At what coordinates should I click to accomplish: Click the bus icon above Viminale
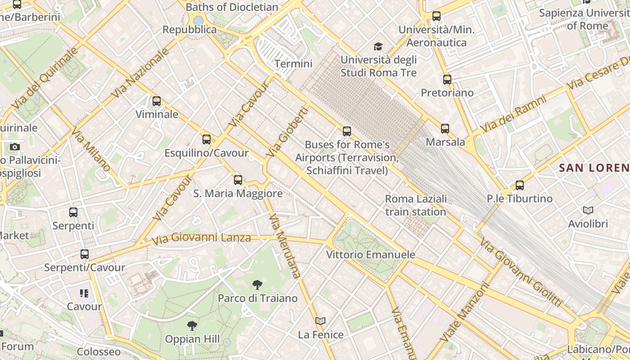click(x=157, y=101)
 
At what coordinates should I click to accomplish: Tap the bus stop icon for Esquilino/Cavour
click(x=207, y=139)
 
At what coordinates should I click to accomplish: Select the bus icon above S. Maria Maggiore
click(x=238, y=180)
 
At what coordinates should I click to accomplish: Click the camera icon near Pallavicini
click(x=15, y=147)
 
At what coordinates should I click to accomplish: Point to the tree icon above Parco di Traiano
click(x=257, y=284)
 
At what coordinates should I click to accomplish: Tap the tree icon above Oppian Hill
click(x=192, y=325)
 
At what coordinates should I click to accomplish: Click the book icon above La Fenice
click(x=320, y=321)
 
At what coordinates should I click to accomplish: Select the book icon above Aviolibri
click(x=588, y=210)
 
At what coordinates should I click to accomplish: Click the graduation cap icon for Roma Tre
click(x=378, y=46)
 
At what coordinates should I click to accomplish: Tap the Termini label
click(x=293, y=64)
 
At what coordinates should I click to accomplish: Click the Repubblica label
click(x=189, y=30)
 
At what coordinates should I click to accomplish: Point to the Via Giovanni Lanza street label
click(x=201, y=238)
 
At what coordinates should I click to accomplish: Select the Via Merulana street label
click(x=284, y=246)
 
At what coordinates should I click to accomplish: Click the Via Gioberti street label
click(x=287, y=131)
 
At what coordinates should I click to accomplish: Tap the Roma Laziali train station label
click(x=416, y=205)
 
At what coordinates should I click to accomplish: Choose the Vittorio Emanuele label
click(x=370, y=255)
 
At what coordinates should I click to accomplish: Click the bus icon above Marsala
click(x=445, y=129)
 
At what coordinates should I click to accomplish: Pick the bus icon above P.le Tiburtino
click(x=520, y=185)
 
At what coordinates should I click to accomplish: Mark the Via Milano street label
click(x=91, y=149)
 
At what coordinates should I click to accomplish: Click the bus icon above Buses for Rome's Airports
click(x=346, y=131)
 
